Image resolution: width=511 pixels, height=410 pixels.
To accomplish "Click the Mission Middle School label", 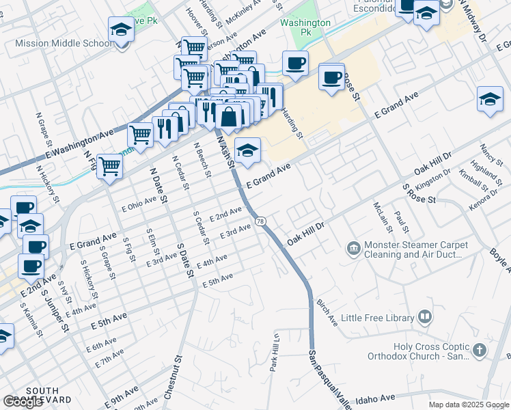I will tap(64, 43).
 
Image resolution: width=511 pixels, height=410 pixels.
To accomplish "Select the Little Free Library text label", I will tap(378, 318).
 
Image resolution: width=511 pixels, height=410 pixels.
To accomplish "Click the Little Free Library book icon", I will tap(425, 317).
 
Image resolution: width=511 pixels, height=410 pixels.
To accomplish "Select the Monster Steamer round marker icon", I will tap(353, 247).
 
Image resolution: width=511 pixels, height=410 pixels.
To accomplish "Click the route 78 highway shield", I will tap(260, 221).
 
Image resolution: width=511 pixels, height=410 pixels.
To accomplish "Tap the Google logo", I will tap(23, 402).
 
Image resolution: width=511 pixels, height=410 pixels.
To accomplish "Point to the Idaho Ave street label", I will tap(376, 398).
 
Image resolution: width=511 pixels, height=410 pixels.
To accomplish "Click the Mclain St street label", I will tap(378, 216).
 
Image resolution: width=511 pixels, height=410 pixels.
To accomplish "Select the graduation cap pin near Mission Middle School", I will tap(121, 31).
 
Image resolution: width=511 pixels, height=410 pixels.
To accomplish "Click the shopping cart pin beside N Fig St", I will tap(109, 165).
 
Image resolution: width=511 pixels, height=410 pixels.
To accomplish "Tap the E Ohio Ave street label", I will tap(139, 204).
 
